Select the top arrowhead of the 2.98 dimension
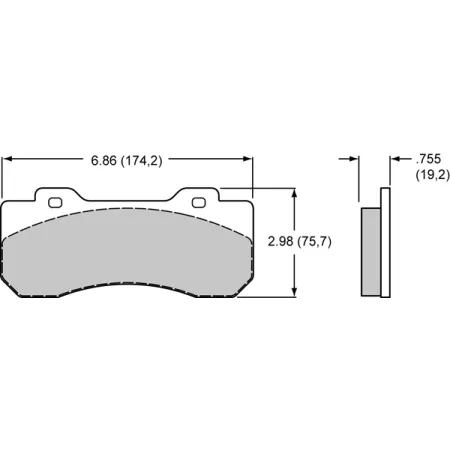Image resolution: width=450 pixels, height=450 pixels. (294, 192)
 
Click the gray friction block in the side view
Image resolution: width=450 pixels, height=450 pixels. (370, 250)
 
